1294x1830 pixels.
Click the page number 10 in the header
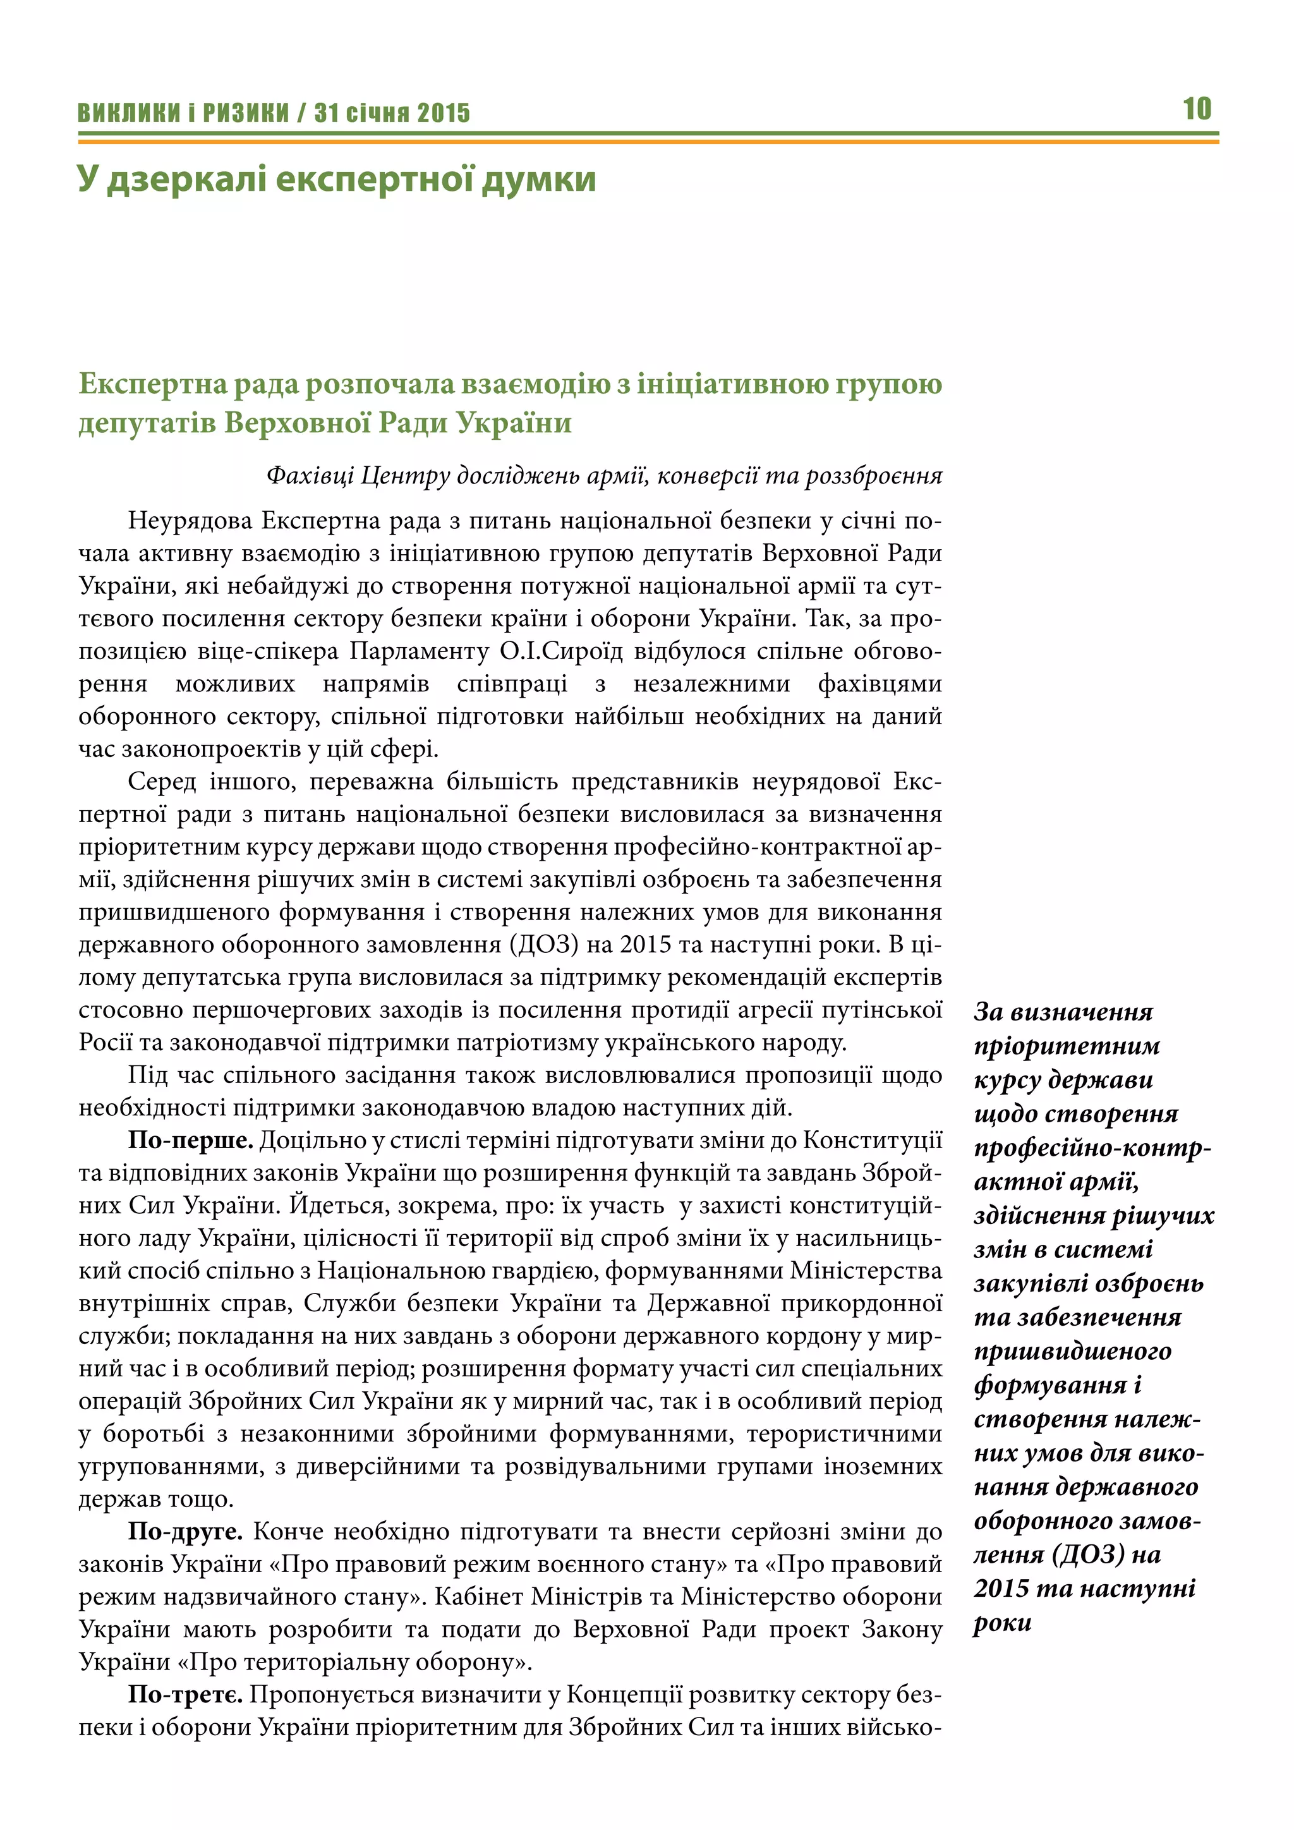tap(1197, 109)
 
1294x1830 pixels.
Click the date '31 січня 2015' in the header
tap(392, 113)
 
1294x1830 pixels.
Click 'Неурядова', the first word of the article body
tap(190, 521)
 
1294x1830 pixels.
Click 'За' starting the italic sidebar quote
tap(988, 1012)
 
